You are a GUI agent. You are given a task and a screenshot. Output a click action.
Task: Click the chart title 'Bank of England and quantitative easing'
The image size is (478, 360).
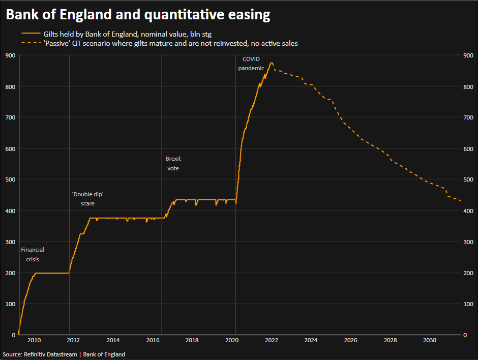(x=138, y=15)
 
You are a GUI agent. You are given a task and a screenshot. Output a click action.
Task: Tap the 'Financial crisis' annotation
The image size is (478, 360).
(x=33, y=254)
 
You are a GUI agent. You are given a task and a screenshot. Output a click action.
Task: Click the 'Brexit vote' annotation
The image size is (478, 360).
(x=173, y=163)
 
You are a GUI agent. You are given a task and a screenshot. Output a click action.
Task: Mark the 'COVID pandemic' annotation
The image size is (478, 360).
(x=251, y=64)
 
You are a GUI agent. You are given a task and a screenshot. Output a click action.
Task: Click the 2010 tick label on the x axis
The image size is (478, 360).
(x=34, y=340)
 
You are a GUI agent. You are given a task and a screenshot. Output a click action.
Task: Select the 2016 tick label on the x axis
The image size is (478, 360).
(x=153, y=340)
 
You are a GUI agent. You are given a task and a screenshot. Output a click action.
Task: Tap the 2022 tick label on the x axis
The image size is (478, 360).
(x=272, y=340)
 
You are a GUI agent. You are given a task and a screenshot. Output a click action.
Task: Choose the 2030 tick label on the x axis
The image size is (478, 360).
(x=430, y=340)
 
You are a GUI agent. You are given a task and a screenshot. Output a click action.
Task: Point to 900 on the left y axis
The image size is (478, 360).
(x=10, y=55)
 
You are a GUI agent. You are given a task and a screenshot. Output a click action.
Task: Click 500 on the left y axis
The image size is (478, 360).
(x=10, y=179)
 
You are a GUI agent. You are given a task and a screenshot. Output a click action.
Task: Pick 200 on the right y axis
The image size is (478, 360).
(x=468, y=273)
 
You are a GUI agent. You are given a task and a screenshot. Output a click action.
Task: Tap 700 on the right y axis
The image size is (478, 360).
(x=468, y=117)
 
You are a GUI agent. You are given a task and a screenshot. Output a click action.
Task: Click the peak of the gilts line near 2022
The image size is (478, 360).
(x=272, y=63)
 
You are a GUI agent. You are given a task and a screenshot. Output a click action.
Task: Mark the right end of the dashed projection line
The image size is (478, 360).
(x=461, y=201)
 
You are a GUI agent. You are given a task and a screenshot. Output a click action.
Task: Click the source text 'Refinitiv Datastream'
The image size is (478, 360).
(x=50, y=354)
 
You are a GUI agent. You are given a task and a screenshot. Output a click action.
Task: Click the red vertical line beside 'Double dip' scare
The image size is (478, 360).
(x=69, y=127)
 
